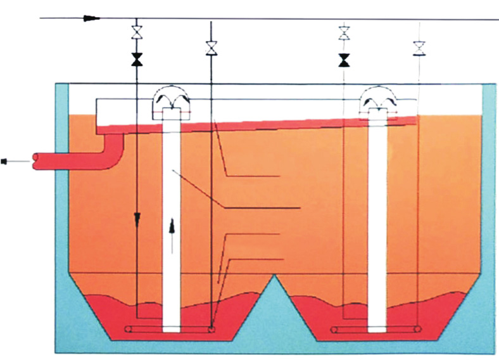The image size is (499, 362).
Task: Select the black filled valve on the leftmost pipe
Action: (136, 60)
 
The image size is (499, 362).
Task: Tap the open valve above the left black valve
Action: (136, 31)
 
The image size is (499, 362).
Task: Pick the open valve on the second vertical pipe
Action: (212, 48)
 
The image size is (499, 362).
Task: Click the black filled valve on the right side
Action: (344, 60)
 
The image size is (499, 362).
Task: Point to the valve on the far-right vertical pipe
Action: (419, 48)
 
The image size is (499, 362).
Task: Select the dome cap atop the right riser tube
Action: (378, 100)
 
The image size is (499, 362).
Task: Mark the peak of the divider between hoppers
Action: (276, 276)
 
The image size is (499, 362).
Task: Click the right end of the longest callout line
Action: (300, 209)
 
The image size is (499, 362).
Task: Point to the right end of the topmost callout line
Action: (279, 175)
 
